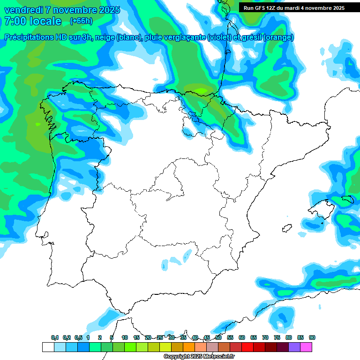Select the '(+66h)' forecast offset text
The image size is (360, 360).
click(81, 21)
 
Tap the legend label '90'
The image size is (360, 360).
click(312, 337)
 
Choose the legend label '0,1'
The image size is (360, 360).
click(55, 337)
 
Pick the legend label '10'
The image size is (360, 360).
click(125, 337)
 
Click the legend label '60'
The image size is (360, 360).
click(242, 337)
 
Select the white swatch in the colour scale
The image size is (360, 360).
click(48, 347)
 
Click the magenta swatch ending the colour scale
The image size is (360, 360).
click(306, 347)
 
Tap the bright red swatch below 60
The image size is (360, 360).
click(247, 347)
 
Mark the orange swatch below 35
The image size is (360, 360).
click(189, 347)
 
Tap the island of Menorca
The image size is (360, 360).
click(347, 200)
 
